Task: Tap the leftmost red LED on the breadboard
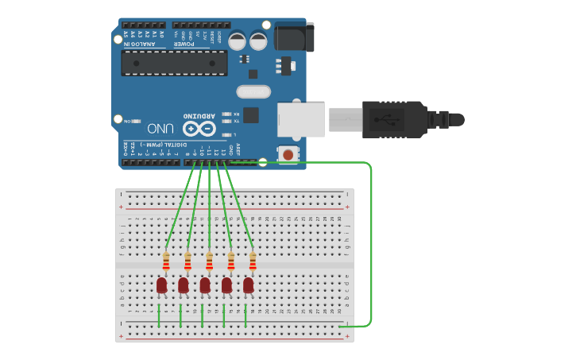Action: point(162,285)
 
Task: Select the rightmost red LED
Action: point(249,285)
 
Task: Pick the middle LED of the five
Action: point(205,285)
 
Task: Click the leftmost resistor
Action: point(166,261)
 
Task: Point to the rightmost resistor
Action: point(253,261)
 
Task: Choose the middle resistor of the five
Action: point(209,261)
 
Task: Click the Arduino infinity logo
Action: point(199,128)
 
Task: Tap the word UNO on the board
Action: point(161,128)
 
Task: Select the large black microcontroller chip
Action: point(175,63)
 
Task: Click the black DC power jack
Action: point(293,37)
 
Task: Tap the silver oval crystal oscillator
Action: point(253,92)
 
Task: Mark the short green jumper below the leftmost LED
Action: point(159,315)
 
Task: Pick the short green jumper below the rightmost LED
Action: point(245,315)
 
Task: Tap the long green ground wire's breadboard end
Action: point(342,326)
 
